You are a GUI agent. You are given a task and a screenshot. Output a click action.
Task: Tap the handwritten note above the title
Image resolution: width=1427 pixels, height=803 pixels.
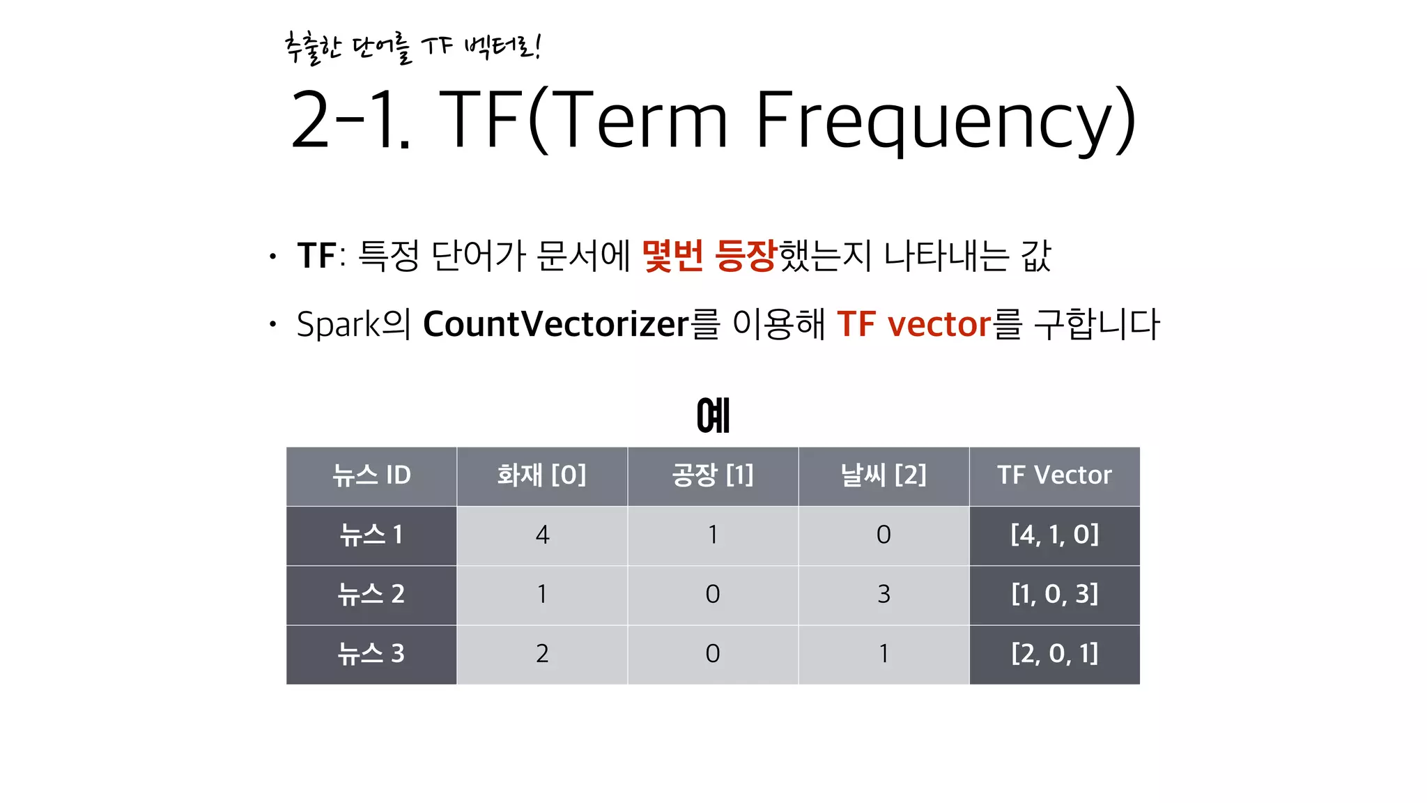click(412, 47)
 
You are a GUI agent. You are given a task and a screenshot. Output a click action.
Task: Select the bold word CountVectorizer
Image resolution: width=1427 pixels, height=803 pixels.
click(555, 324)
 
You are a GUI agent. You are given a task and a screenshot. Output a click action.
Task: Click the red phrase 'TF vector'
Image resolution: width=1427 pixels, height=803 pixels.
click(913, 324)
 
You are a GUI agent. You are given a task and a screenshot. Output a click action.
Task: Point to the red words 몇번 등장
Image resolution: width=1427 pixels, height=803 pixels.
click(708, 255)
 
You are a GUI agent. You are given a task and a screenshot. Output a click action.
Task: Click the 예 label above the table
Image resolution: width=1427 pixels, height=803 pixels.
click(713, 416)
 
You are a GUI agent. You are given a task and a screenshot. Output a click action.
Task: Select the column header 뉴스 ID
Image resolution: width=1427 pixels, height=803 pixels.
click(371, 476)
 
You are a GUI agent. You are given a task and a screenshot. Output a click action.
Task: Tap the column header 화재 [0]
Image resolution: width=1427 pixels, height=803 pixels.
click(541, 476)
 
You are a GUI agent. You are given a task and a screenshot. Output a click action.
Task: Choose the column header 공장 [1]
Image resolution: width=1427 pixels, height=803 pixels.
click(712, 476)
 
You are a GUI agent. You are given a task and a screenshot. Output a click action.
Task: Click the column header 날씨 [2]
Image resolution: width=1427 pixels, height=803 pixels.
click(883, 476)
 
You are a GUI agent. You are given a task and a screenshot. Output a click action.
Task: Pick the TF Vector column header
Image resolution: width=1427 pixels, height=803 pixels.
click(1054, 476)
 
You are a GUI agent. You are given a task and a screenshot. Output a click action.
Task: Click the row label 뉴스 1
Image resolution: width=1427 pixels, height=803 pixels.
click(371, 535)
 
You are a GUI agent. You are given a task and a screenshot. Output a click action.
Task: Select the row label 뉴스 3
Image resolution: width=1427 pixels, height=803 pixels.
click(371, 654)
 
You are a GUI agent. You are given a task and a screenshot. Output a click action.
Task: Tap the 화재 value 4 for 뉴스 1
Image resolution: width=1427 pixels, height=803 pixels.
click(542, 535)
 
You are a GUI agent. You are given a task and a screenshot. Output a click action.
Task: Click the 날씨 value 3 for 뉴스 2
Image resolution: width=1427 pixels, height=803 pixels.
click(884, 595)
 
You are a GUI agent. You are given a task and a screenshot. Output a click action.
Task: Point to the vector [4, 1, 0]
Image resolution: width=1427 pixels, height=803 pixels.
click(1054, 535)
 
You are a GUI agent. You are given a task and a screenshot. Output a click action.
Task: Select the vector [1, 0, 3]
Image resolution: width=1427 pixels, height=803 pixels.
click(1054, 595)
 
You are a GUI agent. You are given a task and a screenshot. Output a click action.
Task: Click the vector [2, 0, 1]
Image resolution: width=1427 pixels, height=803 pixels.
click(1054, 654)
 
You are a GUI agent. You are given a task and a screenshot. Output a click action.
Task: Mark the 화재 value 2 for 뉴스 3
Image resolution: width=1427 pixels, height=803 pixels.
click(542, 654)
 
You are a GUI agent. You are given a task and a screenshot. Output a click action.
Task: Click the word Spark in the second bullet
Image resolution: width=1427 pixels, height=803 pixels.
click(338, 324)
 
